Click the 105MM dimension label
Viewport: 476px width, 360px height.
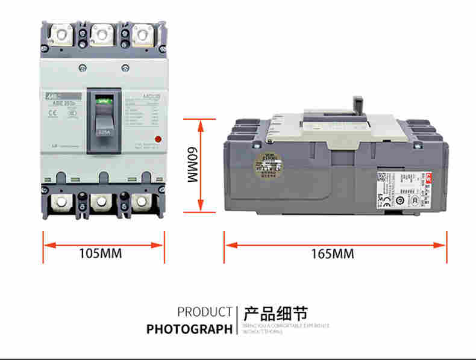click(101, 253)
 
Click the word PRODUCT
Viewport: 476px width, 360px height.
click(204, 312)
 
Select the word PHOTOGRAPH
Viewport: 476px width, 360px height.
click(189, 329)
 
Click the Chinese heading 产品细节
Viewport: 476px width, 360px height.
click(275, 314)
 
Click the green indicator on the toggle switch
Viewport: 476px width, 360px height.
click(104, 102)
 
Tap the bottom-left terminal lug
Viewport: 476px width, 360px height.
click(61, 202)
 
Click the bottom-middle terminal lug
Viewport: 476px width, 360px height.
click(101, 202)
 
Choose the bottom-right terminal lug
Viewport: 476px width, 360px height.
click(142, 202)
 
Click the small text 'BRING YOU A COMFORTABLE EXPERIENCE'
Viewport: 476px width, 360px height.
click(286, 326)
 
